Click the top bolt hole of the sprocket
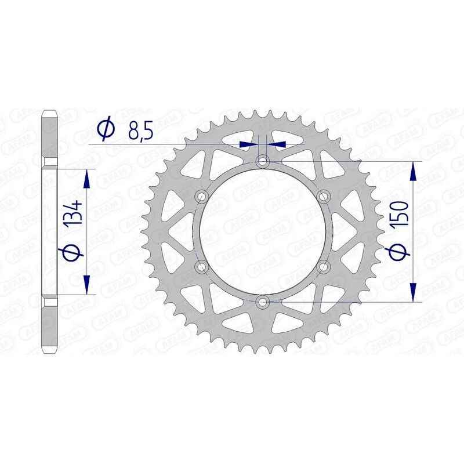pyautogui.click(x=263, y=160)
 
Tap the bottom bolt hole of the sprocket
pyautogui.click(x=263, y=302)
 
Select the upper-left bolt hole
pyautogui.click(x=202, y=195)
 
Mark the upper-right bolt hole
pyautogui.click(x=324, y=195)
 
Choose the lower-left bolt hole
pyautogui.click(x=202, y=266)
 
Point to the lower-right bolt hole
pyautogui.click(x=324, y=266)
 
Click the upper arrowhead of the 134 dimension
pyautogui.click(x=87, y=179)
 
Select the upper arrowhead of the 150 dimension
pyautogui.click(x=413, y=171)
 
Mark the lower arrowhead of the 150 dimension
pyautogui.click(x=413, y=292)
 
